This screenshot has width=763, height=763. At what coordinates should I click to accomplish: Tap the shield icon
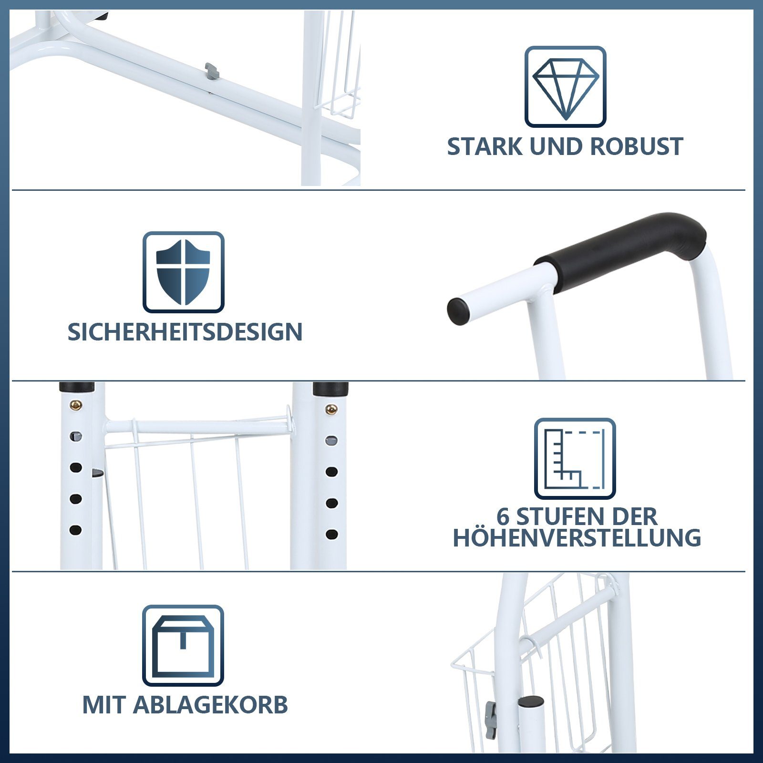click(184, 272)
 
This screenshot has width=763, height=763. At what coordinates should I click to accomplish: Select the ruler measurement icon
click(575, 459)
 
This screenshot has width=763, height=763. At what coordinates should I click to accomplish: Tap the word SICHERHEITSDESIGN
click(185, 332)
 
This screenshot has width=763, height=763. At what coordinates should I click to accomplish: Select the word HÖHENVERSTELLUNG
click(577, 538)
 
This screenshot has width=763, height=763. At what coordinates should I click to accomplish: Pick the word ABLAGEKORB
click(210, 705)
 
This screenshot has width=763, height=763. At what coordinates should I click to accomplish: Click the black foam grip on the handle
click(620, 248)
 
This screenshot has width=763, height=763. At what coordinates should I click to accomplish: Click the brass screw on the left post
click(76, 405)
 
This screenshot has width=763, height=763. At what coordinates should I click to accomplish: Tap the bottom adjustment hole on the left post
click(75, 530)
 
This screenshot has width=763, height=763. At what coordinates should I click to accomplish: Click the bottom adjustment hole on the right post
click(332, 534)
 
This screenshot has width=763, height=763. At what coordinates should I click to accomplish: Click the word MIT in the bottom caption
click(104, 705)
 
